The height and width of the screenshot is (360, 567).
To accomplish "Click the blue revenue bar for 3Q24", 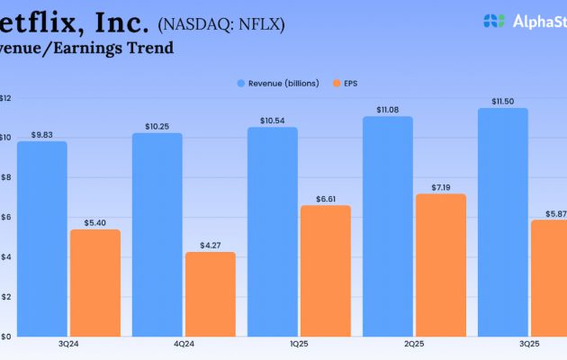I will pyautogui.click(x=41, y=238).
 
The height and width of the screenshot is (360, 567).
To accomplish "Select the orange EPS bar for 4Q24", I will pyautogui.click(x=210, y=293).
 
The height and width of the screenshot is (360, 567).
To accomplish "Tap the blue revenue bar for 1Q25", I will pyautogui.click(x=272, y=231).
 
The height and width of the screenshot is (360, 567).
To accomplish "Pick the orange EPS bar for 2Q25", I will pyautogui.click(x=441, y=265).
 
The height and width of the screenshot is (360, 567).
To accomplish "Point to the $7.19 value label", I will pyautogui.click(x=441, y=185).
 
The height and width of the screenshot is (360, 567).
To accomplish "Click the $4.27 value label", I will pyautogui.click(x=210, y=244).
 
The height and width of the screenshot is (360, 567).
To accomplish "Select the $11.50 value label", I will pyautogui.click(x=502, y=101).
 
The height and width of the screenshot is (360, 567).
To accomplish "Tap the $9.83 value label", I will pyautogui.click(x=41, y=134).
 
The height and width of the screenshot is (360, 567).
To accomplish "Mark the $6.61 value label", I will pyautogui.click(x=325, y=197).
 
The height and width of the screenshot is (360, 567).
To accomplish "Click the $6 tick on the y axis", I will pyautogui.click(x=5, y=217).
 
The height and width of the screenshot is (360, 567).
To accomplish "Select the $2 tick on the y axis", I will pyautogui.click(x=5, y=296).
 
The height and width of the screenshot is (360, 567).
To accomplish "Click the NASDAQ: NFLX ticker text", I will pyautogui.click(x=220, y=24).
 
